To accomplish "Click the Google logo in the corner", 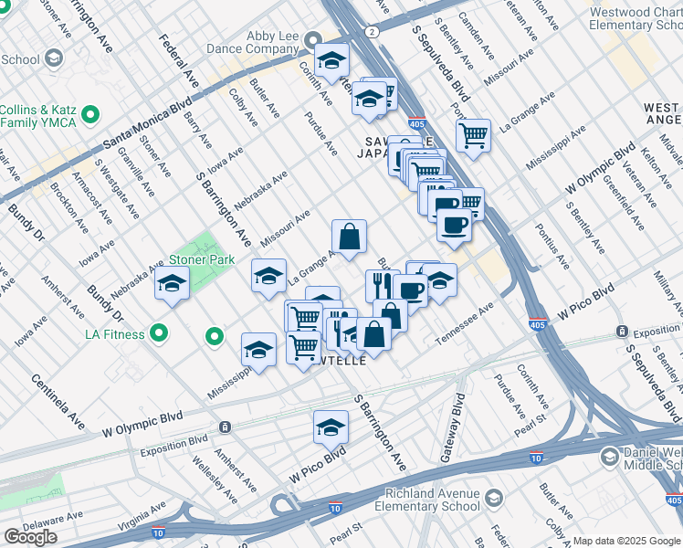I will click(x=30, y=537).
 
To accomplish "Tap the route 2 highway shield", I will click(x=372, y=31).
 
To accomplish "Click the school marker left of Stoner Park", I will click(x=172, y=284).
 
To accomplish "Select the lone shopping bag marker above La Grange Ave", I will click(x=349, y=237).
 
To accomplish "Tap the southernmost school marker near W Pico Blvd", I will click(x=331, y=427).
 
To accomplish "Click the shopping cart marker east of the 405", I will click(x=473, y=136).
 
